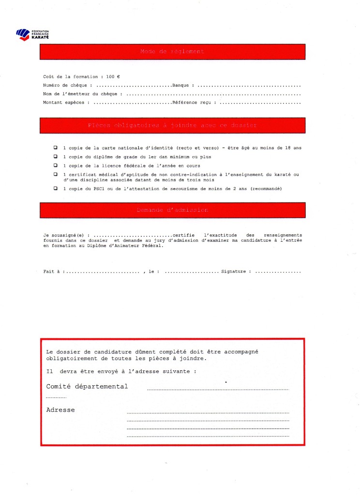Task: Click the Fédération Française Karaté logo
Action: click(x=32, y=34)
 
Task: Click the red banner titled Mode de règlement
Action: click(x=172, y=52)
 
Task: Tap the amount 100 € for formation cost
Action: click(x=114, y=77)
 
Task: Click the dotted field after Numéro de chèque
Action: click(x=134, y=86)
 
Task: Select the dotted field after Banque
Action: click(x=250, y=86)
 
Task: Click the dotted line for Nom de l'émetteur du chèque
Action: click(x=213, y=94)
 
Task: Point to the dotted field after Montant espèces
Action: click(x=132, y=103)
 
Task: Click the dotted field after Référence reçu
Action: click(x=261, y=103)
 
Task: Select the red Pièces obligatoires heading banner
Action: click(x=172, y=125)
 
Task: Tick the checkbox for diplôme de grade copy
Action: click(x=55, y=157)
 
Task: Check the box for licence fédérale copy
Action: click(x=55, y=165)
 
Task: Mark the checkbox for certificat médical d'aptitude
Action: click(x=55, y=174)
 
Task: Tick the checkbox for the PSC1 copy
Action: click(x=55, y=188)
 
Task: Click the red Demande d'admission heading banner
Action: click(x=172, y=210)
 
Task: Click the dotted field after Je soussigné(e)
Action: click(x=133, y=235)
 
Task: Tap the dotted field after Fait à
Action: click(x=102, y=272)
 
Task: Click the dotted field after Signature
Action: click(x=278, y=272)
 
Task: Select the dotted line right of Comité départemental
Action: click(x=218, y=389)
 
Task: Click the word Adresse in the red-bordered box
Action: click(x=60, y=410)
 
